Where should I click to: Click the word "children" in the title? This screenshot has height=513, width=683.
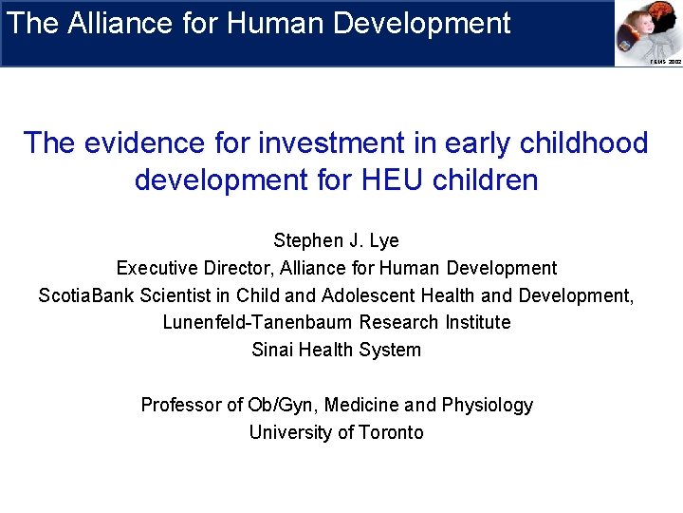click(490, 180)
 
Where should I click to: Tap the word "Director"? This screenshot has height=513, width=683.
click(229, 268)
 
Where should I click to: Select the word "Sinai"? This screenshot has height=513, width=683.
click(272, 350)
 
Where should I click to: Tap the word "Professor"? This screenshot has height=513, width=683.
click(180, 405)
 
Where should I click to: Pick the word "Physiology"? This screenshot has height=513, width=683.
click(488, 406)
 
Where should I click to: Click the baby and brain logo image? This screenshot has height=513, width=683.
click(648, 31)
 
